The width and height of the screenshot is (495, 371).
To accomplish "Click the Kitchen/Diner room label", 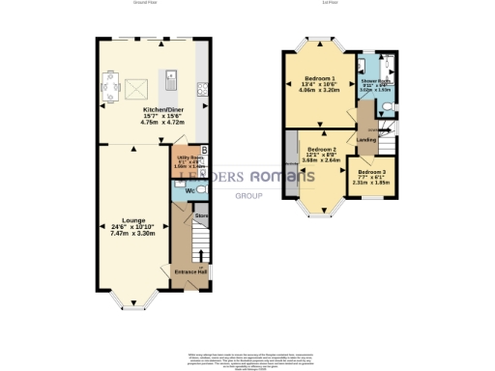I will pos(149,109).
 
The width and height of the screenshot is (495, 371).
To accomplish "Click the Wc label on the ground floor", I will pos(179,189).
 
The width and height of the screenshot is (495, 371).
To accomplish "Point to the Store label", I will pos(201,215).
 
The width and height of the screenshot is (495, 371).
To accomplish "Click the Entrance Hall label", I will pos(190,271).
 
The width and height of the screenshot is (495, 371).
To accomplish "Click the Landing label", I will pos(366,139).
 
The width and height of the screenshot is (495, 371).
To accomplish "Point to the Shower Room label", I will pos(375,81).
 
